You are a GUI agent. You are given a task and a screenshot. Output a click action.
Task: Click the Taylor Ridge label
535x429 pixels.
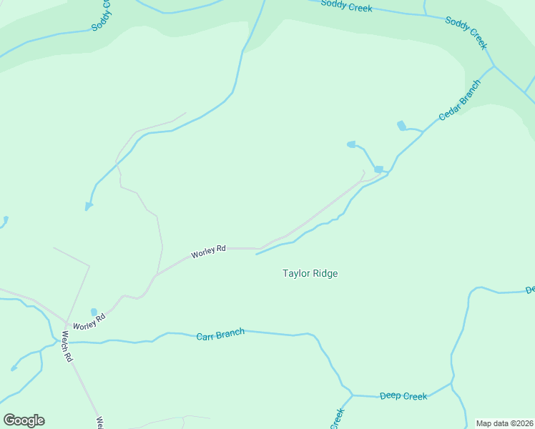[x=310, y=273]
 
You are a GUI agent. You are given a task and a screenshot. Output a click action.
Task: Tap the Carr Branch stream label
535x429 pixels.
[x=220, y=333]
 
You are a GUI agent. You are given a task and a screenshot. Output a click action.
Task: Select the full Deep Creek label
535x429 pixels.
[x=403, y=396]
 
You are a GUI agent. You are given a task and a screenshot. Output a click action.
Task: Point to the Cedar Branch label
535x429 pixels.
[x=459, y=100]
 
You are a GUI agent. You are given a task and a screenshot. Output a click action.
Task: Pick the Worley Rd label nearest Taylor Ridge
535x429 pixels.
[x=208, y=252]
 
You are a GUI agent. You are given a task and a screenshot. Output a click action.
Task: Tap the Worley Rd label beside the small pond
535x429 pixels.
[x=89, y=321]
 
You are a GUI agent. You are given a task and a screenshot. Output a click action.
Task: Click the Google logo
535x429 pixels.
[x=24, y=420]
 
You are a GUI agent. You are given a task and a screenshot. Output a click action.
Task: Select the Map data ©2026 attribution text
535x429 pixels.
[x=504, y=423]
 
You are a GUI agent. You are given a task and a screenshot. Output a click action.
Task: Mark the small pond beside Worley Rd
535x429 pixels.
[x=94, y=312]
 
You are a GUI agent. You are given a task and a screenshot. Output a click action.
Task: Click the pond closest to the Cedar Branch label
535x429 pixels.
[x=402, y=127]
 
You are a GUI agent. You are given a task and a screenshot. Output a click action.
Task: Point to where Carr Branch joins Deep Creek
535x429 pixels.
[x=352, y=395]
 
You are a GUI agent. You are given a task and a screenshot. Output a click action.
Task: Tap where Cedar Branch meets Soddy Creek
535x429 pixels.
[x=494, y=66]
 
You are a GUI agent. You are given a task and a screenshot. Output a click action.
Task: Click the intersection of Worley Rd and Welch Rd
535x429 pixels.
[x=65, y=324]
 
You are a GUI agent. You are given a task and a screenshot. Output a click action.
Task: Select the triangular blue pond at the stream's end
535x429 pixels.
[x=89, y=207]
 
